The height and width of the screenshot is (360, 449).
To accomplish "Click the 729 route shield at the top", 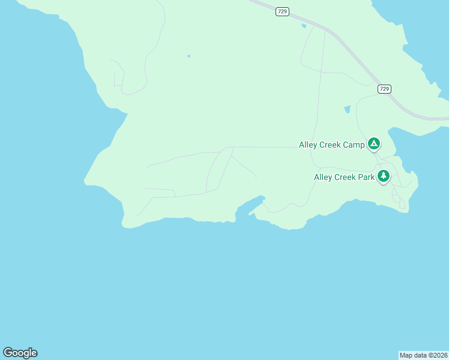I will [x=282, y=11].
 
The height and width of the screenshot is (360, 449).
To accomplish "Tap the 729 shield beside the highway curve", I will [x=384, y=89].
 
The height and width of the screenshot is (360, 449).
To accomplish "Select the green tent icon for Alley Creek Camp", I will [x=373, y=143].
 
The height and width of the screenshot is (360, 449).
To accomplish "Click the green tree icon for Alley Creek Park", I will [x=384, y=176].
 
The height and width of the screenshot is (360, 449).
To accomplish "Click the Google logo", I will [x=20, y=353].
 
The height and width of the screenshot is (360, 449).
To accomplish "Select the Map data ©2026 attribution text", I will [x=424, y=355].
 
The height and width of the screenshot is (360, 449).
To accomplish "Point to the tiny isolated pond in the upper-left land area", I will [x=188, y=56].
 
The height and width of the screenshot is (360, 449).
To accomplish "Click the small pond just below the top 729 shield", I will [x=304, y=26].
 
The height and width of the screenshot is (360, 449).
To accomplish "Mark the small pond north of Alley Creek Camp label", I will [x=347, y=109].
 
